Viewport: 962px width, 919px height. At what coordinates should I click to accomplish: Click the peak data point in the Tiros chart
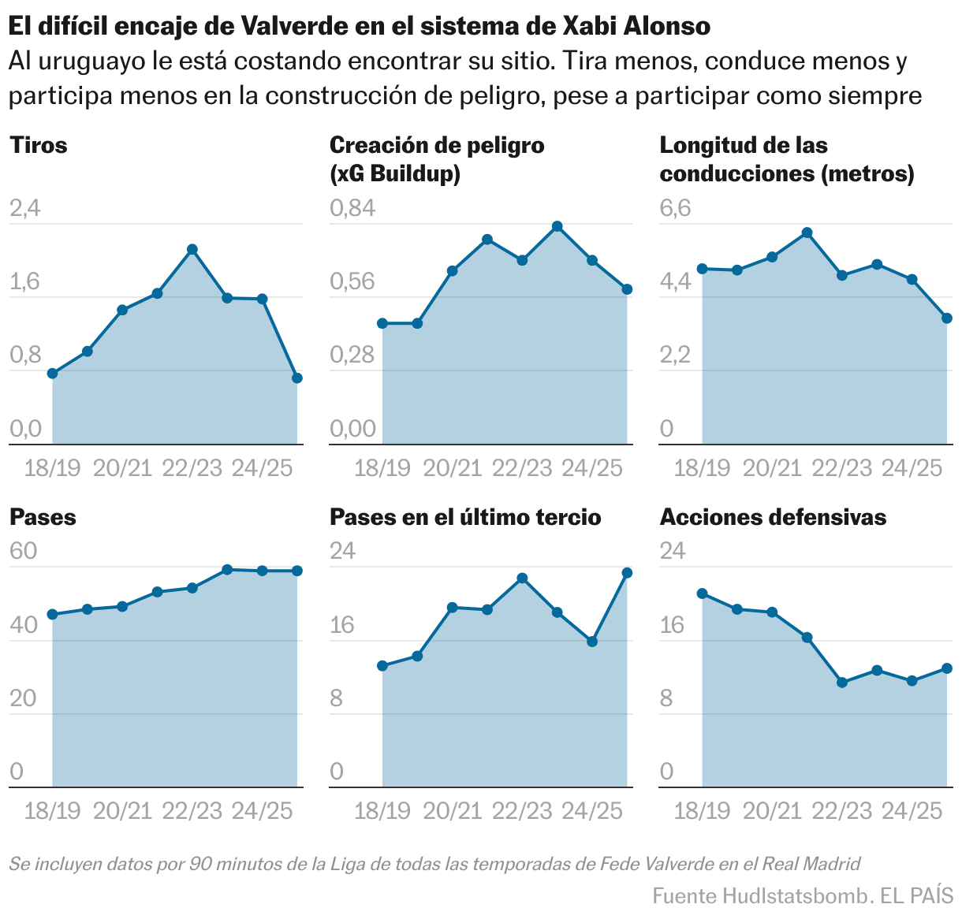(192, 250)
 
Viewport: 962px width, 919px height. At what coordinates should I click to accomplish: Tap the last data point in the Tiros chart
(297, 378)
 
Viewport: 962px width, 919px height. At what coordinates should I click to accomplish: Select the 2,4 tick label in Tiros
(24, 209)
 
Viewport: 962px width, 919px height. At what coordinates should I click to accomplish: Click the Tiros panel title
(38, 146)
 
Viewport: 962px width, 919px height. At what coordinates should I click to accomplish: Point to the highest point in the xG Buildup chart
(557, 227)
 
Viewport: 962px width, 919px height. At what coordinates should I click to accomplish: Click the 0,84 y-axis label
(352, 209)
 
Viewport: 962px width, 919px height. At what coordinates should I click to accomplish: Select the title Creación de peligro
(436, 146)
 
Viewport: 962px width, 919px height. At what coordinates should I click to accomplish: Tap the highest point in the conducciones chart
(807, 233)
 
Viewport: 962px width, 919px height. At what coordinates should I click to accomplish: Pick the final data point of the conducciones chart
(947, 318)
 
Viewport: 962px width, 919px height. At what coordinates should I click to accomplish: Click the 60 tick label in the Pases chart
(23, 551)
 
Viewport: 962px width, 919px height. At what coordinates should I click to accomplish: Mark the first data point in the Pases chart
(53, 614)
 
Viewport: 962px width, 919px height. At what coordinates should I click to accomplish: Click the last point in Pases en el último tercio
(628, 573)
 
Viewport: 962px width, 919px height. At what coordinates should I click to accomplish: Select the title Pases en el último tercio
(465, 518)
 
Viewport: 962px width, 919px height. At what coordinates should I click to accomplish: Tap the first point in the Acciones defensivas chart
(702, 593)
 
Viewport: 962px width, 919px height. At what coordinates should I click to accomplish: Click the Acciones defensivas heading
(773, 518)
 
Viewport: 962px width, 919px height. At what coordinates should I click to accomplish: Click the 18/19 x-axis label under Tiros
(53, 468)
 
